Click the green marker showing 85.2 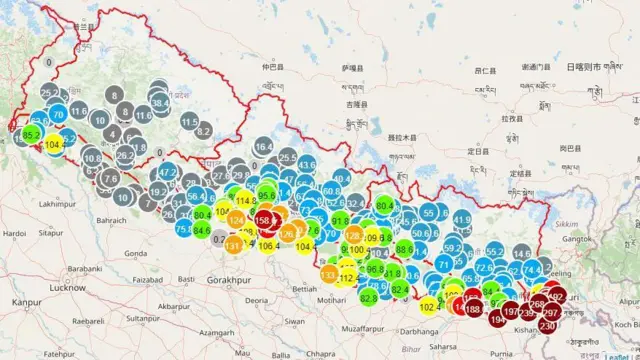pyautogui.click(x=31, y=135)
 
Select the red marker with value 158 pyautogui.click(x=266, y=218)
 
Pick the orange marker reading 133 pyautogui.click(x=329, y=274)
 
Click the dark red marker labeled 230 pyautogui.click(x=547, y=326)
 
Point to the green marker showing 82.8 pyautogui.click(x=369, y=297)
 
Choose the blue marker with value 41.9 pyautogui.click(x=461, y=219)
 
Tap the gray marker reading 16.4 pyautogui.click(x=264, y=147)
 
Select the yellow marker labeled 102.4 pyautogui.click(x=429, y=307)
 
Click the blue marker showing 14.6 pyautogui.click(x=521, y=255)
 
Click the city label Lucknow pyautogui.click(x=66, y=287)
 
